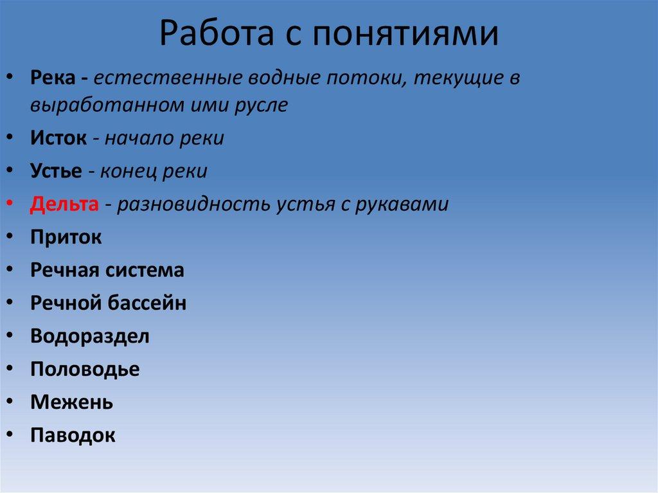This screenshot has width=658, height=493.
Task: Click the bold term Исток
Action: tap(58, 138)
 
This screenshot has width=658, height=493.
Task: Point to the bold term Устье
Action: tap(56, 172)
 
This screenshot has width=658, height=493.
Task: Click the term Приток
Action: tap(66, 237)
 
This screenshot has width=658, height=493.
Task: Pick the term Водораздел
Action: tap(90, 336)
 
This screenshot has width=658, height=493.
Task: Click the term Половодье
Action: tap(85, 370)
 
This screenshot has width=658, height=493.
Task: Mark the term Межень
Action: tap(72, 402)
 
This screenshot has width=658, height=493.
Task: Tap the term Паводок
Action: tap(73, 436)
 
